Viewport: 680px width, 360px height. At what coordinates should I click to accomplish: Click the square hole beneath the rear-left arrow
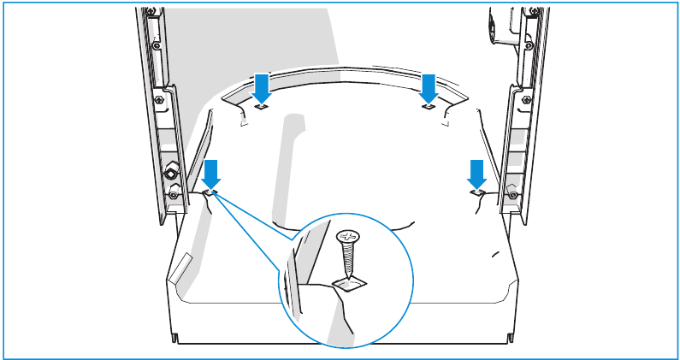point(263,108)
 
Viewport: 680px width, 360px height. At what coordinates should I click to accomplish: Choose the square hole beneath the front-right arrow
point(477,194)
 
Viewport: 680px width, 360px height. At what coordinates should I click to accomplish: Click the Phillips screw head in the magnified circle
point(348,236)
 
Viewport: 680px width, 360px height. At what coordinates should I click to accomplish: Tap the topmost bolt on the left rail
point(151,11)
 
